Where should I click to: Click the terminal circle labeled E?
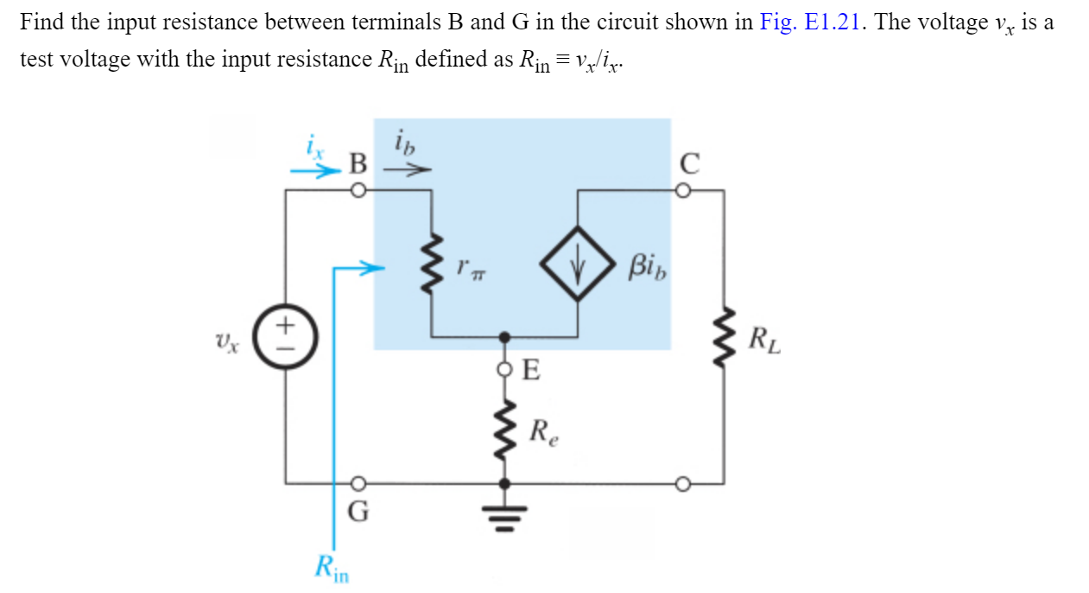pyautogui.click(x=505, y=370)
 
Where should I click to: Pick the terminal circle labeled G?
pyautogui.click(x=358, y=483)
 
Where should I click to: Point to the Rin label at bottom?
pyautogui.click(x=331, y=567)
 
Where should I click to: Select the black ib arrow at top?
pyautogui.click(x=406, y=171)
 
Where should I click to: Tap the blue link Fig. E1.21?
pyautogui.click(x=813, y=22)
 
